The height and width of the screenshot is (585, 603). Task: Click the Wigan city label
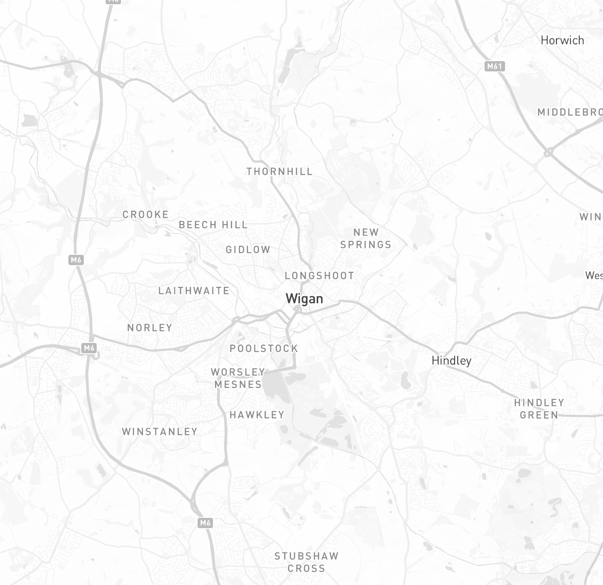tap(304, 298)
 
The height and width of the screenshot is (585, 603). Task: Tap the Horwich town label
tap(562, 40)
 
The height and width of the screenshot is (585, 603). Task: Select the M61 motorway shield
tap(494, 66)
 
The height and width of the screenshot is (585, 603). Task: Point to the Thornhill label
tap(280, 171)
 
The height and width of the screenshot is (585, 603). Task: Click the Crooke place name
tap(145, 214)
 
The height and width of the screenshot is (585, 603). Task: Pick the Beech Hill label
tap(213, 225)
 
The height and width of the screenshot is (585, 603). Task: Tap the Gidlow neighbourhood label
tap(248, 249)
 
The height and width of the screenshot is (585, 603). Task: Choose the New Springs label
tap(366, 238)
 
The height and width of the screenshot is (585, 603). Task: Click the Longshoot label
tap(319, 276)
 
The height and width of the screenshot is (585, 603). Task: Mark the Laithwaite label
tap(194, 291)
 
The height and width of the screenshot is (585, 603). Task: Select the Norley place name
tap(150, 328)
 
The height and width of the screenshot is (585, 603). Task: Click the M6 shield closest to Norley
tap(89, 348)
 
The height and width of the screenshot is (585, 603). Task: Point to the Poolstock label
tap(264, 349)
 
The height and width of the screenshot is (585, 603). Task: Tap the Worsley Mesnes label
tap(238, 378)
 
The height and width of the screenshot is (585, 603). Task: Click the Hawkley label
tap(257, 414)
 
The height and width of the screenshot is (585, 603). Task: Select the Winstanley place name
tap(160, 431)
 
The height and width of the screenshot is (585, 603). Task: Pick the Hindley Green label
tap(539, 408)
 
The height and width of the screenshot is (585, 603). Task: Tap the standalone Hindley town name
tap(451, 360)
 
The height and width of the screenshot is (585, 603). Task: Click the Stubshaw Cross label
tap(306, 562)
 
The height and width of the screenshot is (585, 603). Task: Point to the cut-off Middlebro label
tap(570, 112)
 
